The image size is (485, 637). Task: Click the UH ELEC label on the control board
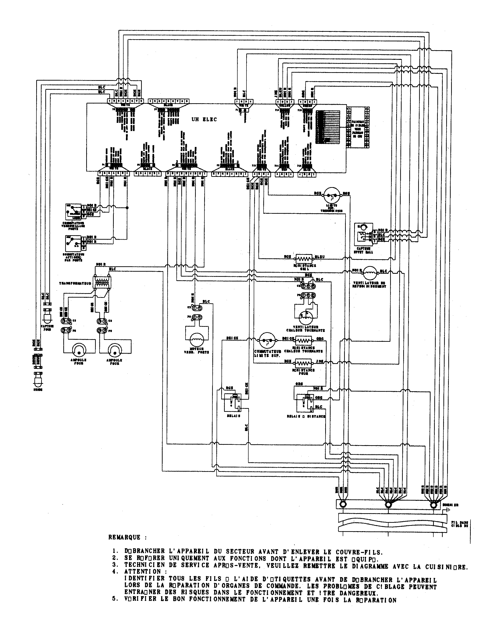pos(204,120)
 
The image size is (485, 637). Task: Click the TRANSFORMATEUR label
pos(75,283)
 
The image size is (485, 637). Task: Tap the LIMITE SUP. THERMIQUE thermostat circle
pos(332,196)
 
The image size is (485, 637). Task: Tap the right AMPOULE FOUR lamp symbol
pos(114,350)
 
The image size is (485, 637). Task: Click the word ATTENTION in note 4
pos(142,572)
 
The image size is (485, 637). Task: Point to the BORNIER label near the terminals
pos(451,505)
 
